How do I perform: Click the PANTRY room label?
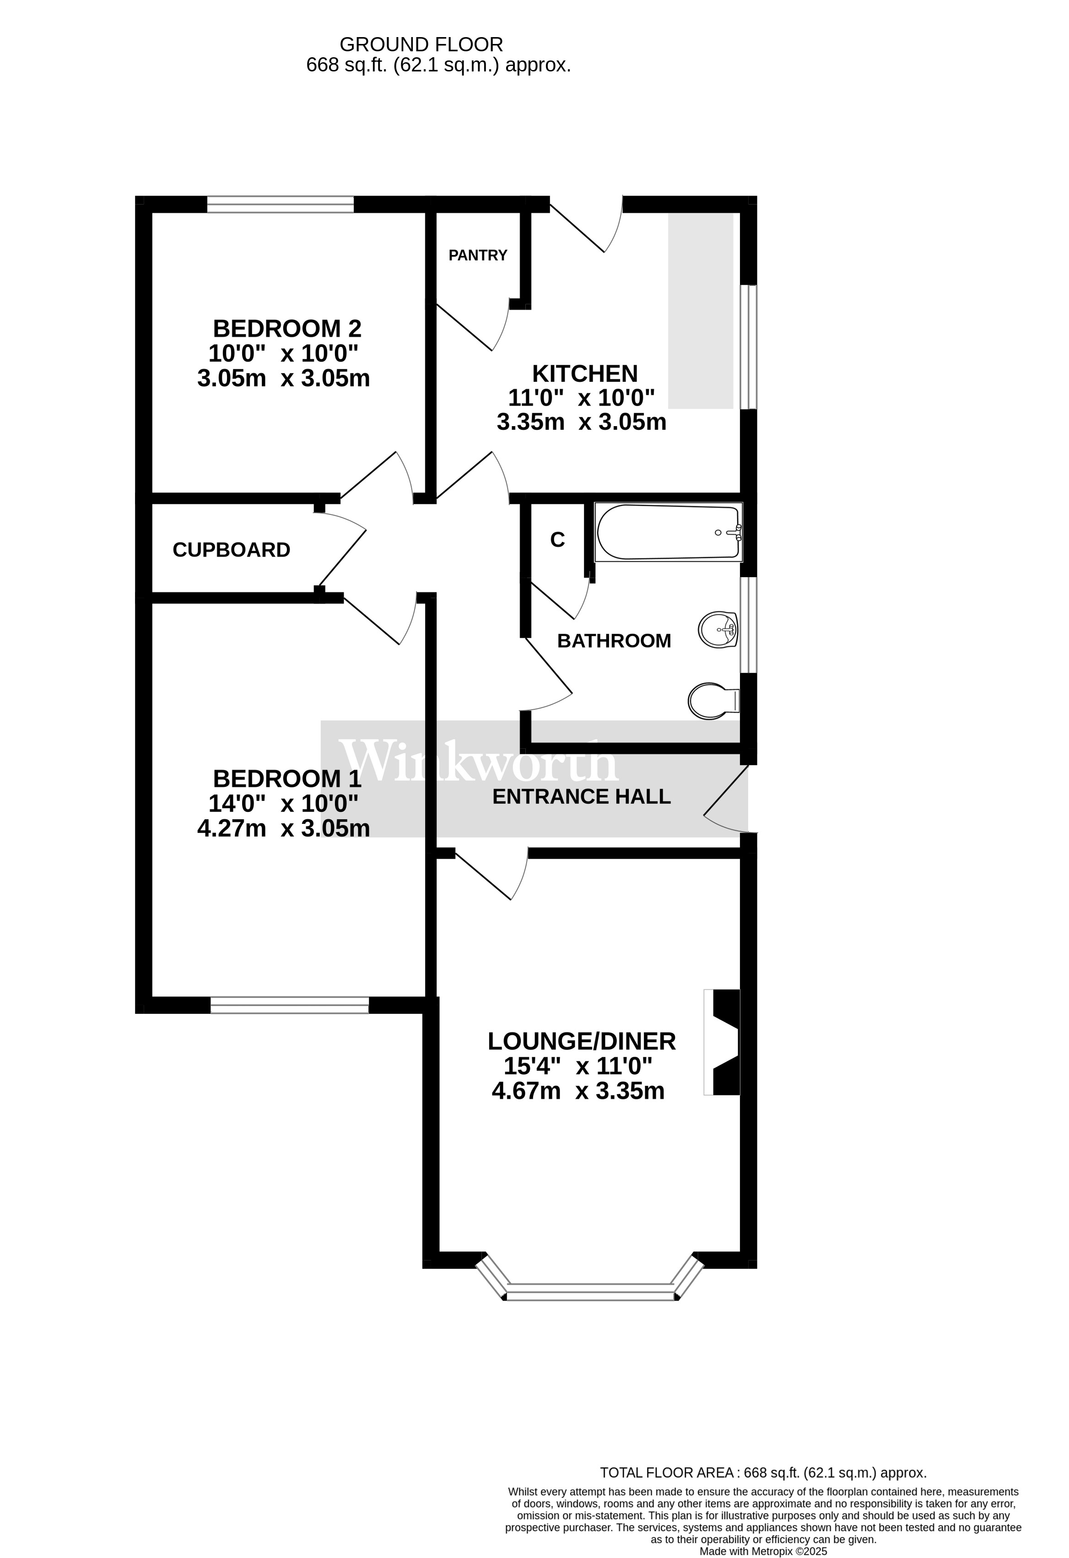coord(477,255)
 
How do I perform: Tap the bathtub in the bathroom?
coord(669,532)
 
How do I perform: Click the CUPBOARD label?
coord(231,551)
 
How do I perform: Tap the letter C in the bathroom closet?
coord(558,540)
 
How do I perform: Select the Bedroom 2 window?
coord(280,204)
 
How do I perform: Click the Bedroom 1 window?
coord(290,1005)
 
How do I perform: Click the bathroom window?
coord(749,625)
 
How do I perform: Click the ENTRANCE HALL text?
coord(582,796)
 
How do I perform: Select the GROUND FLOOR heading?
coord(421,45)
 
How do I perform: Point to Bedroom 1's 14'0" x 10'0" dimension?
coord(284,803)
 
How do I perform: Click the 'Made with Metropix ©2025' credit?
coord(763,1551)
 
